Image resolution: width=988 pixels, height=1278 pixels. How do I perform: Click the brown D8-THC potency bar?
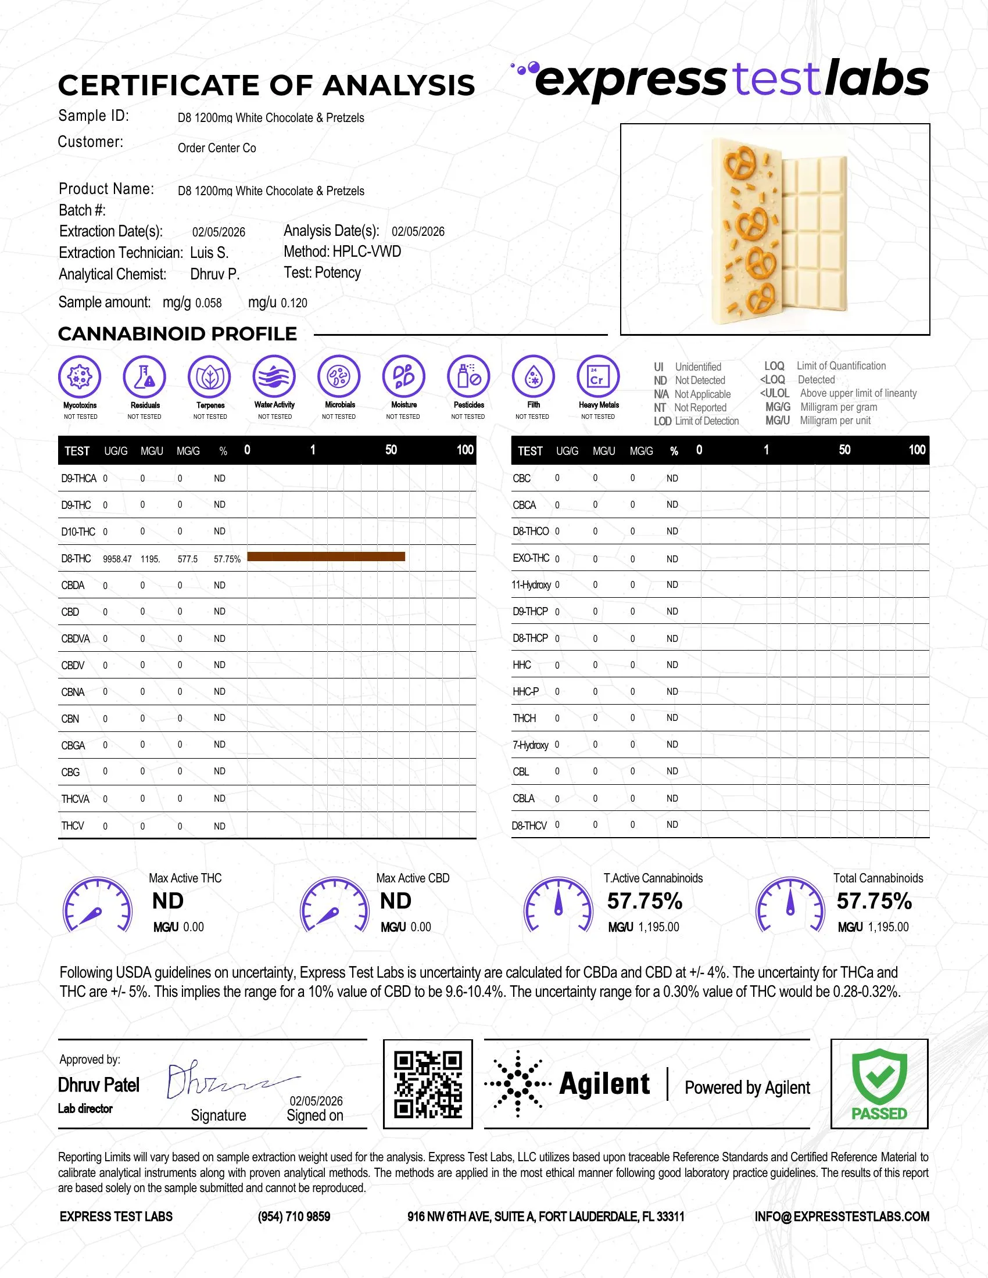(x=326, y=557)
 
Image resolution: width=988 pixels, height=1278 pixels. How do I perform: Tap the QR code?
(x=428, y=1085)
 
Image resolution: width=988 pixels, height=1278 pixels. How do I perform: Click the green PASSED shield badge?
(x=879, y=1085)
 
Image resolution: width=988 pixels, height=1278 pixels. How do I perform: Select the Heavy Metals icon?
(x=597, y=376)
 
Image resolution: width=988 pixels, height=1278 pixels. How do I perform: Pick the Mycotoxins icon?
(x=80, y=376)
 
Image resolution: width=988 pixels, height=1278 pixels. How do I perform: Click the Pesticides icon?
(x=468, y=376)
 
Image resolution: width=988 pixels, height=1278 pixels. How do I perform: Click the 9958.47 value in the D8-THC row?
(x=117, y=559)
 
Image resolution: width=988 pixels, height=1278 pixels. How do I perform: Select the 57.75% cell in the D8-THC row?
(x=227, y=559)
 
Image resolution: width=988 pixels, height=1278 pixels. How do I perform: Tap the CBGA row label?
(x=73, y=745)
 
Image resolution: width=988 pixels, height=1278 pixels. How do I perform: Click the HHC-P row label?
(x=525, y=692)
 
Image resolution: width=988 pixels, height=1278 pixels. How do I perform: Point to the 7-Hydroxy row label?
(x=530, y=745)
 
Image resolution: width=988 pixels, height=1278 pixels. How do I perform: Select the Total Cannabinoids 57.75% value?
(x=874, y=901)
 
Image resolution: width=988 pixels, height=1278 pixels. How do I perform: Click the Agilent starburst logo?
(x=517, y=1085)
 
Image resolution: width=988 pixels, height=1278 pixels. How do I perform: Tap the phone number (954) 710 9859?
(x=294, y=1216)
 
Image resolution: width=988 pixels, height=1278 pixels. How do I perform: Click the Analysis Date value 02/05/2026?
(x=418, y=232)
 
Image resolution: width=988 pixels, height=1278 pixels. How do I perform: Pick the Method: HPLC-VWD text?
(x=342, y=252)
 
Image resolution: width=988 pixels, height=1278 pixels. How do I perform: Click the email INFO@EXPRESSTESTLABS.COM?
(x=842, y=1216)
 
